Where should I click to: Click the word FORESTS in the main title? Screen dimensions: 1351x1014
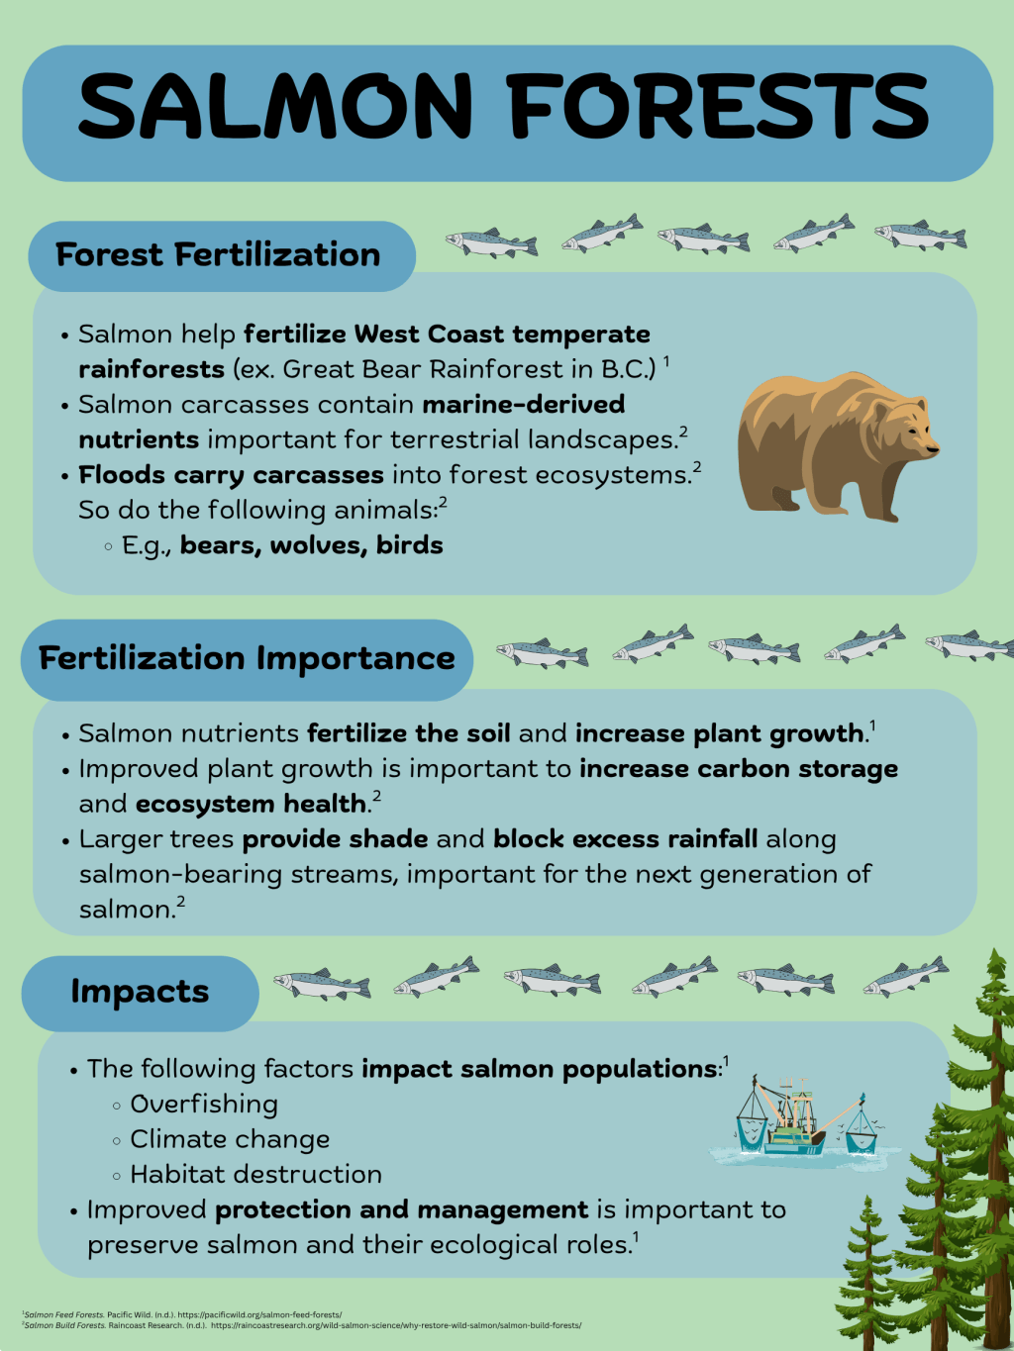(x=718, y=106)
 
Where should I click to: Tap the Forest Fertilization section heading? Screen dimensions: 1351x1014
(x=218, y=255)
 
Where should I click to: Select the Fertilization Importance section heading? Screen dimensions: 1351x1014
(x=247, y=658)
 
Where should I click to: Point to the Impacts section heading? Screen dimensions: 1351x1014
(x=140, y=992)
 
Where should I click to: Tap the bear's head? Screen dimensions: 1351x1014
(x=905, y=426)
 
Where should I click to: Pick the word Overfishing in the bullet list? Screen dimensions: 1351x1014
(x=204, y=1105)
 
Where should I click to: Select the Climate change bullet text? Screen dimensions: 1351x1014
(x=230, y=1140)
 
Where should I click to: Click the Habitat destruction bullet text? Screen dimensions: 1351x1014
(x=255, y=1175)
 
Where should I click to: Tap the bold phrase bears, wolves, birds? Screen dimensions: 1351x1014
(x=311, y=545)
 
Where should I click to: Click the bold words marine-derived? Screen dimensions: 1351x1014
(x=524, y=405)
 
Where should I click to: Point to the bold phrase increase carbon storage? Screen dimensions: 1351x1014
(x=739, y=769)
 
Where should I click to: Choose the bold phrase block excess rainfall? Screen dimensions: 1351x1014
(x=626, y=839)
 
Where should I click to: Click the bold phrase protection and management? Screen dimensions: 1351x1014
(x=401, y=1209)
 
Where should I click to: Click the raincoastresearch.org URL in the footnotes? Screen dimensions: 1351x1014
(x=396, y=1325)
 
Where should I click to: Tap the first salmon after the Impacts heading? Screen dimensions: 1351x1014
(x=322, y=984)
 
